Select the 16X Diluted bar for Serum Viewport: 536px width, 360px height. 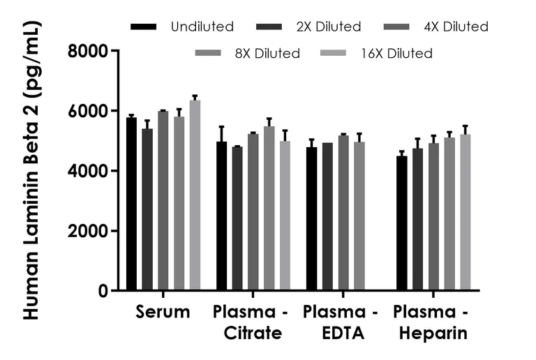click(x=195, y=195)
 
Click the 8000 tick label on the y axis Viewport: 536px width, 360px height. click(x=88, y=51)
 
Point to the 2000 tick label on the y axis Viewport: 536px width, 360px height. click(x=88, y=231)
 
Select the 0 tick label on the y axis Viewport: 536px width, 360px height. click(x=102, y=291)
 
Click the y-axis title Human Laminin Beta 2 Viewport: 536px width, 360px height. click(x=32, y=171)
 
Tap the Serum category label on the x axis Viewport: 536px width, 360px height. click(x=163, y=312)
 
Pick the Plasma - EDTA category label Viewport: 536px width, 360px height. click(x=342, y=322)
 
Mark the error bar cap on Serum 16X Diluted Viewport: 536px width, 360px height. click(x=195, y=96)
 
